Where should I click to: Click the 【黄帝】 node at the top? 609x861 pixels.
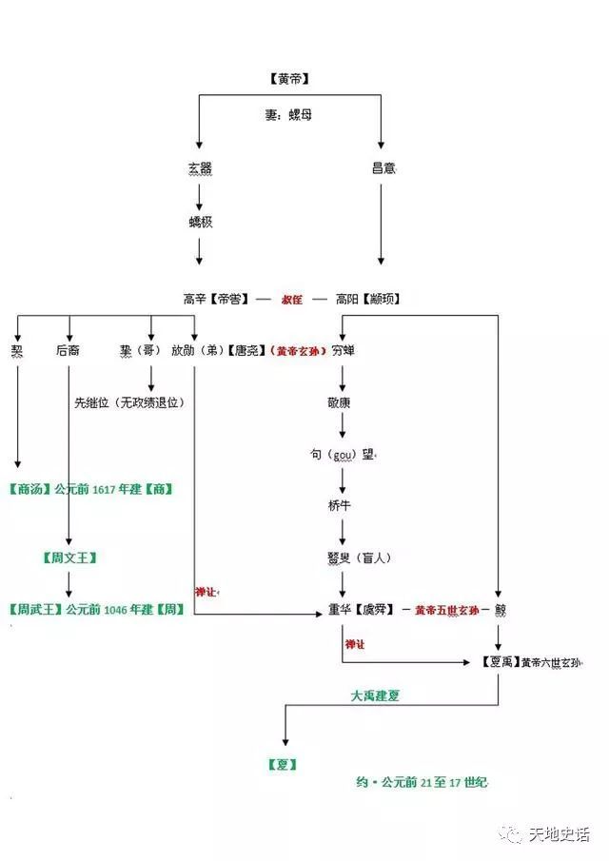(290, 79)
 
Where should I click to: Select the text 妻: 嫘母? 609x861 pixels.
(288, 114)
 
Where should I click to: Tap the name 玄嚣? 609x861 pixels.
(199, 168)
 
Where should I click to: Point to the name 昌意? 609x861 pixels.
(383, 168)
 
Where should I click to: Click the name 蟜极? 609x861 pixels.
(199, 222)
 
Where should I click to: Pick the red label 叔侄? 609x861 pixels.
(291, 299)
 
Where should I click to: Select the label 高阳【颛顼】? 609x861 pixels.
(367, 299)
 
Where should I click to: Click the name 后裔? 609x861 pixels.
(68, 350)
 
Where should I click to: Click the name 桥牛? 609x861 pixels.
(340, 505)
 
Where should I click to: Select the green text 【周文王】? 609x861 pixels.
(69, 558)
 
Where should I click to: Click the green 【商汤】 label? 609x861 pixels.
(28, 489)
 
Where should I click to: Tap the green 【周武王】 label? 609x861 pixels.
(34, 609)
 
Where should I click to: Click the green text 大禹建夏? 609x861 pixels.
(375, 695)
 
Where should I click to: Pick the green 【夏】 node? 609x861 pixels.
(283, 764)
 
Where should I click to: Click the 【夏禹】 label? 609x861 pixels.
(499, 662)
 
